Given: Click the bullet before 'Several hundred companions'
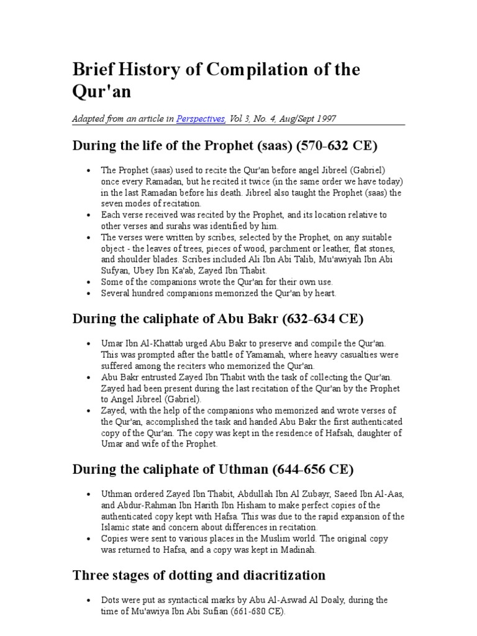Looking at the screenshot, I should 90,293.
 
